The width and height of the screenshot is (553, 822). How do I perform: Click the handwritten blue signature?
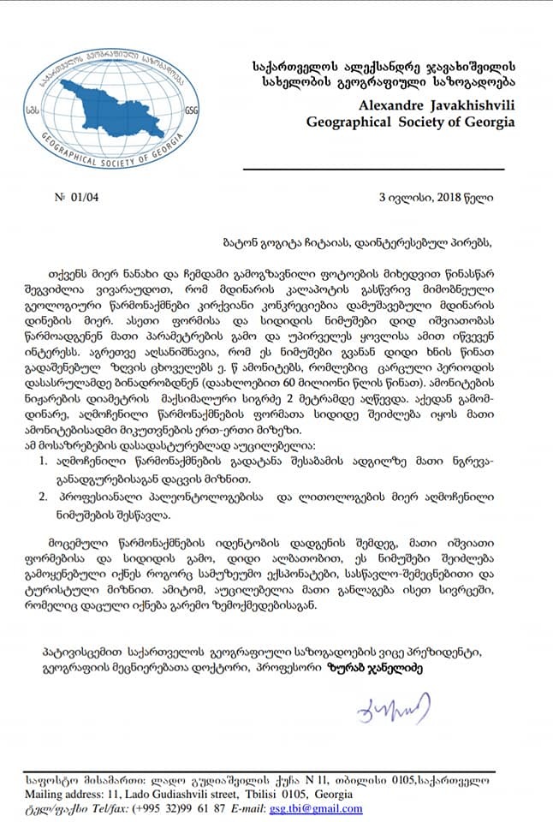[x=390, y=708]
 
